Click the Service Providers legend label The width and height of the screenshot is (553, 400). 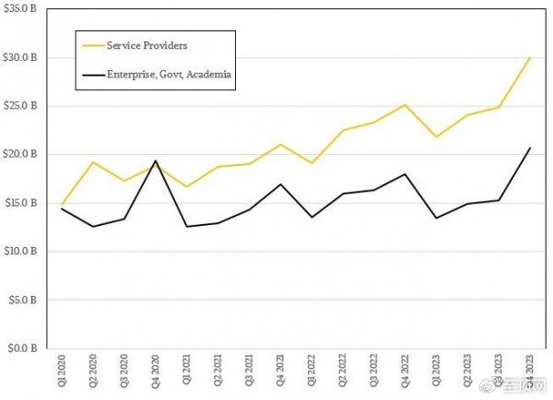coord(147,45)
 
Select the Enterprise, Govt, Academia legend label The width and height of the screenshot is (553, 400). coord(169,75)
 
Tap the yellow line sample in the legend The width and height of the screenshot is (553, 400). coord(93,45)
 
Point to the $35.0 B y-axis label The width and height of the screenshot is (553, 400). coord(19,9)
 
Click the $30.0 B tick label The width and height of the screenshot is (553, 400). coord(19,57)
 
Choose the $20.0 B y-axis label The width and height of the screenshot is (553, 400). coord(19,154)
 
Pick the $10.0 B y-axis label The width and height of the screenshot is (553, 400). coord(19,251)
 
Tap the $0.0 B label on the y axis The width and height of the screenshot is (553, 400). coord(22,348)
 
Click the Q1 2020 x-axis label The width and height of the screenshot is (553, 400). coord(62,371)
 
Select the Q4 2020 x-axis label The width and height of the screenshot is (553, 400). coord(156,371)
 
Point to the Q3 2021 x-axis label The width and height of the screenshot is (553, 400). coord(249,371)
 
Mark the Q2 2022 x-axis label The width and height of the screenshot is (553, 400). coord(343,371)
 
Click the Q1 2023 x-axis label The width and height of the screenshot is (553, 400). coord(436,371)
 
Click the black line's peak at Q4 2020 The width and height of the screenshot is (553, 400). coord(156,161)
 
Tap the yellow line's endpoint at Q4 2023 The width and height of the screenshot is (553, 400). coord(530,57)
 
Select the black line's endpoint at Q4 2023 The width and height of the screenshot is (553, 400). coord(530,147)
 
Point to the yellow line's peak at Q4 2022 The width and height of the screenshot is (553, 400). coord(405,105)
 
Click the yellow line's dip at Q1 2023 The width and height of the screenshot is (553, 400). coord(436,136)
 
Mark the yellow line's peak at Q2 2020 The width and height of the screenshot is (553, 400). coord(93,162)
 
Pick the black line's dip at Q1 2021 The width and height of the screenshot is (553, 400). coord(187,227)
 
